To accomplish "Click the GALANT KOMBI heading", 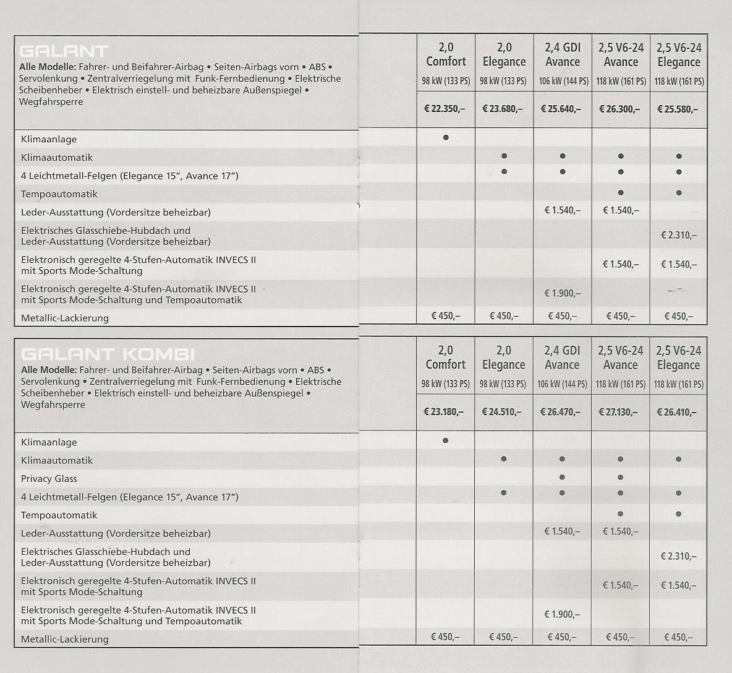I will (108, 354).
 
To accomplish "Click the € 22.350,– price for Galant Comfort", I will (445, 109).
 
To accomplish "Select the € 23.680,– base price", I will (504, 109).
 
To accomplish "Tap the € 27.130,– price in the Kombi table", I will (620, 412).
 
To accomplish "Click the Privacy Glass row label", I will (49, 479).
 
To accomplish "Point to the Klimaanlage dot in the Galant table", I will (446, 137).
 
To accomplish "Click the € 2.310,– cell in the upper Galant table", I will (679, 235).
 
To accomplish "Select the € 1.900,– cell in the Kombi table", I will (562, 614).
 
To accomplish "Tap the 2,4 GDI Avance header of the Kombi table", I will (562, 358).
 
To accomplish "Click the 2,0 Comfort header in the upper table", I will (446, 54).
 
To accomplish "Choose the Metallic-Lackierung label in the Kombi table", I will (64, 640).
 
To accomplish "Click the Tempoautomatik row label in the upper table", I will (59, 194).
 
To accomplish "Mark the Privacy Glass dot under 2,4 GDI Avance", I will (562, 478).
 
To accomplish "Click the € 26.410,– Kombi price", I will (678, 412).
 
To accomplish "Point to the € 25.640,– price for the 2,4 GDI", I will (563, 109).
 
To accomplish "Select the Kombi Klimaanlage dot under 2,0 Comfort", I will (446, 441).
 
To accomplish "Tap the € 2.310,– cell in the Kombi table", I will (679, 556).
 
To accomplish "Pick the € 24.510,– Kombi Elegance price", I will (504, 412).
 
